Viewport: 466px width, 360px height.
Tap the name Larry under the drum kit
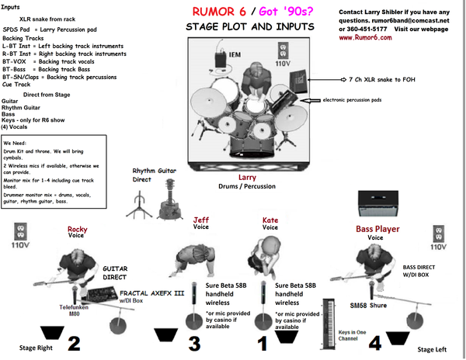247,178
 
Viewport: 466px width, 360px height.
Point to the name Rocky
77,229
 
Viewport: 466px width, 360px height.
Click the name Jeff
201,220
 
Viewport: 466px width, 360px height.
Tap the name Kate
270,220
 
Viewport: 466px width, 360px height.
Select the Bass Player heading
377,229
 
